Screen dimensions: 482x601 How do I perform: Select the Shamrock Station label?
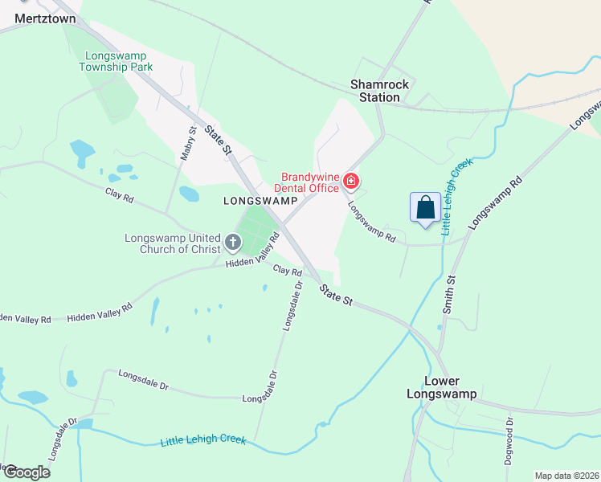point(379,91)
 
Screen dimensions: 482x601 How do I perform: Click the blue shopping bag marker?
point(425,207)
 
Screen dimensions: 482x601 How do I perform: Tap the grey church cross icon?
point(232,242)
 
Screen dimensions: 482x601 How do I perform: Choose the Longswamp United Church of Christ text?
point(172,243)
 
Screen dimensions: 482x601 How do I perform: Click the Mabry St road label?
point(188,143)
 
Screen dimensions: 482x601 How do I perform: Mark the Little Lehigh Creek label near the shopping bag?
point(456,195)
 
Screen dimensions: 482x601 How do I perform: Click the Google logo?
point(27,472)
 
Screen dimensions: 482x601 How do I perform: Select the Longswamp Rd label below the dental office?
point(371,223)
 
